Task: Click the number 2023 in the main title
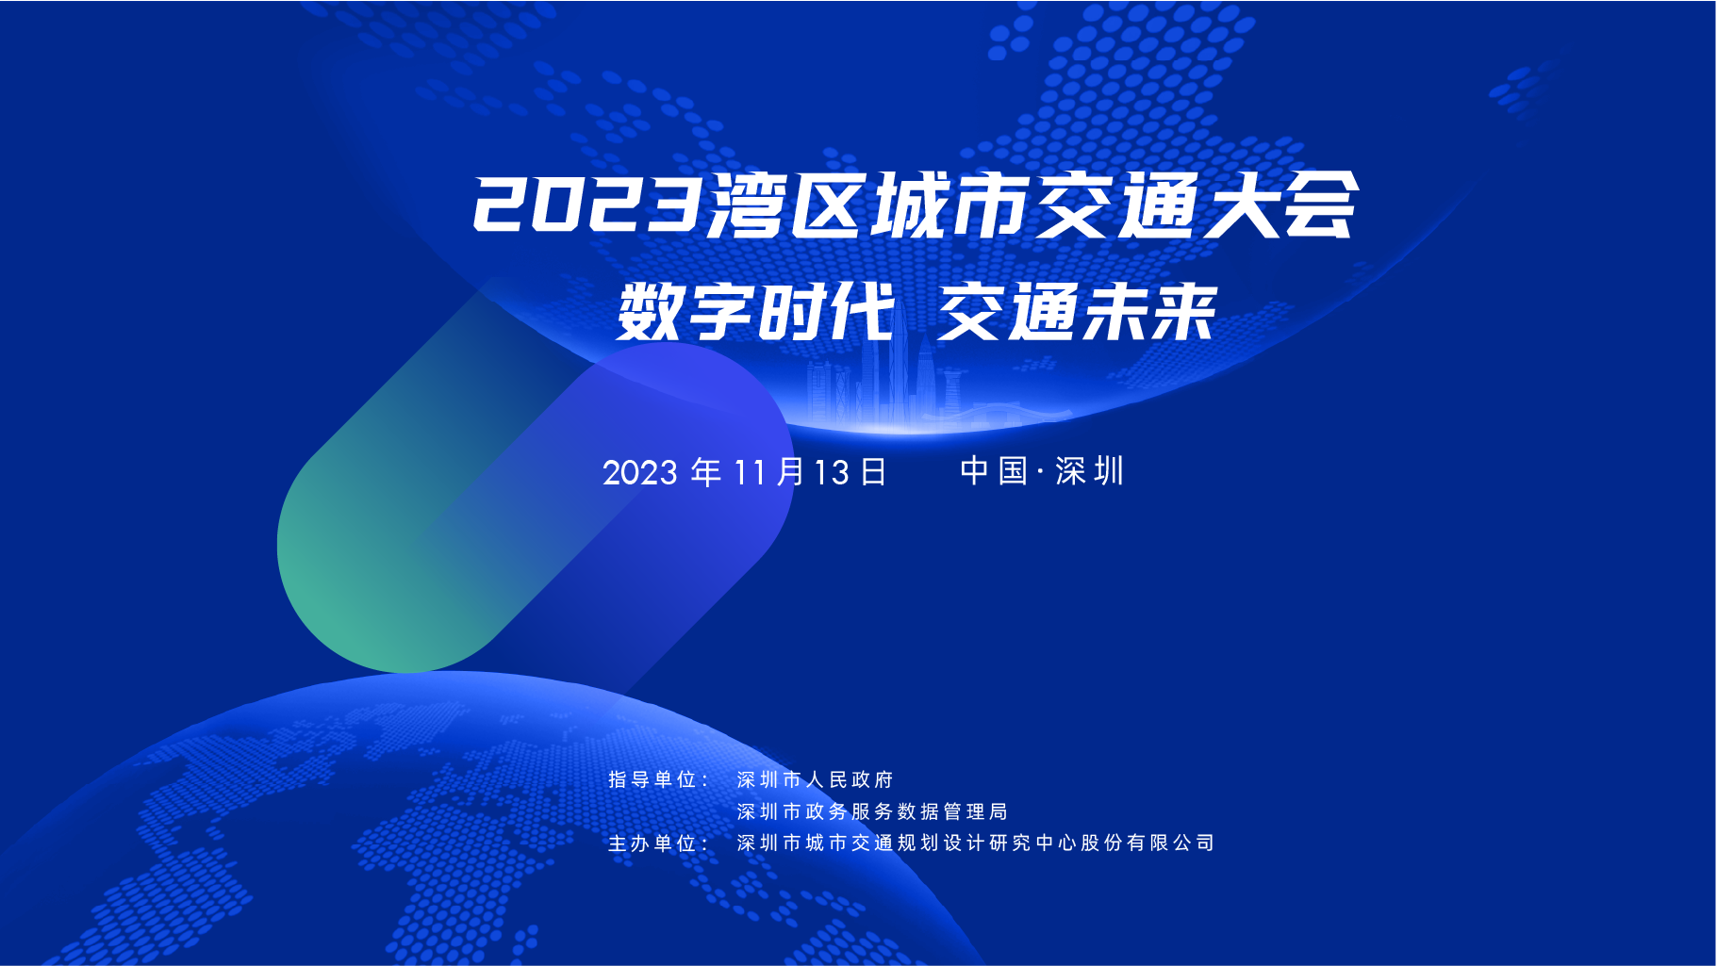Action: pos(587,204)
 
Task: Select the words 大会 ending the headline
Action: pos(1279,205)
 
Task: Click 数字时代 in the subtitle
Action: pos(755,312)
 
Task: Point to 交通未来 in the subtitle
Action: pos(1077,312)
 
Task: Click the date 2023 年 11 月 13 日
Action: pos(745,472)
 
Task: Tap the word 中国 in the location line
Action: pos(993,471)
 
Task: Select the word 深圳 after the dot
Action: pos(1090,471)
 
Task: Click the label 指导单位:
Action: pos(658,779)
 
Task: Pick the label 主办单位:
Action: pos(658,843)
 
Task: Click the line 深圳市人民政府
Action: pos(815,779)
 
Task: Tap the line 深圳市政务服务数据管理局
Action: pos(872,811)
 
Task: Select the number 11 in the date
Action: pos(750,472)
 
